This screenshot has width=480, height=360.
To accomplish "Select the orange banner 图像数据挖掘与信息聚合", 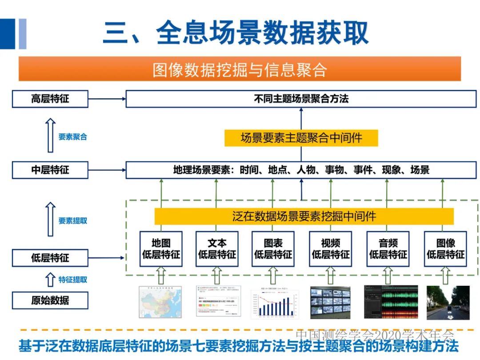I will pos(240,69).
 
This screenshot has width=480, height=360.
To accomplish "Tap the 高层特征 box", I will pos(50,99).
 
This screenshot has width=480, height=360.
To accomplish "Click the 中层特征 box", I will pos(50,170).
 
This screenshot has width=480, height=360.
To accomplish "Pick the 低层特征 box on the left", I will pos(50,258).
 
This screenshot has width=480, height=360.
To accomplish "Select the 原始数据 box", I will pos(50,300).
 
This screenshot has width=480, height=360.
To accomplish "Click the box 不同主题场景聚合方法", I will pos(301,99).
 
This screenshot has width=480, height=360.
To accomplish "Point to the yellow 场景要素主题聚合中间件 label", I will pos(301,138).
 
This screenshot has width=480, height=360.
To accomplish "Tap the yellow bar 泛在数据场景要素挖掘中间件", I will pos(304,216).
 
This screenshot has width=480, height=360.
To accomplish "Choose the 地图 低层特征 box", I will pos(161,249).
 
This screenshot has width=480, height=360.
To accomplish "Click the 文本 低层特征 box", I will pos(217,249).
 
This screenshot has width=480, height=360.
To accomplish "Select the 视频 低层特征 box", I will pos(330,249).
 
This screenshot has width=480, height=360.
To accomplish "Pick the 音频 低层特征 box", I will pos(388,249).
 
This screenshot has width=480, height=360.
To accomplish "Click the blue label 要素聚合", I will pos(73,137).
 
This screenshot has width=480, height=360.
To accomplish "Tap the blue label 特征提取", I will pos(73,280).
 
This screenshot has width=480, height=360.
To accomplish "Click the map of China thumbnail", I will pos(160,302).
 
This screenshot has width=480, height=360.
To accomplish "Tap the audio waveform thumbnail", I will pos(391,302).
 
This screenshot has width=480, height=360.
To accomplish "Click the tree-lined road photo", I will pos(448,303).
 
